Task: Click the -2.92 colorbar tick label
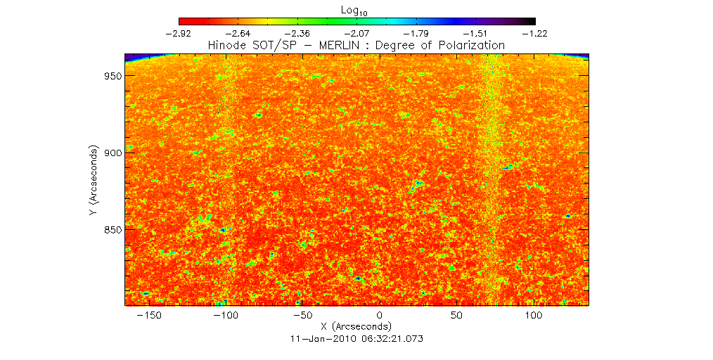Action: point(179,33)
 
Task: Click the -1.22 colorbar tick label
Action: point(535,33)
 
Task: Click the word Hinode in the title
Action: point(227,45)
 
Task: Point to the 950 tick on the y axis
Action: point(111,76)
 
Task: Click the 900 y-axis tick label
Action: point(111,153)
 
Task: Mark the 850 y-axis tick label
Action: point(111,230)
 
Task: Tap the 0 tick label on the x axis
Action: point(380,316)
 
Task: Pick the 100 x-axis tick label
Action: point(534,316)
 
